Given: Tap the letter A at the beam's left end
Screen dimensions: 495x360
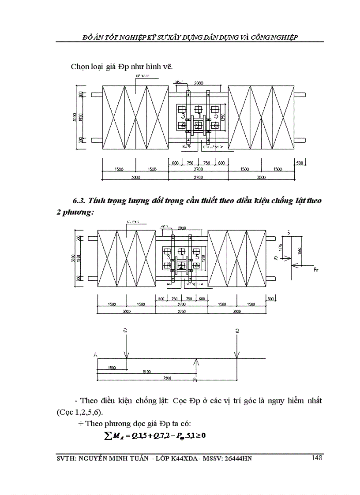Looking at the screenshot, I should (95, 354).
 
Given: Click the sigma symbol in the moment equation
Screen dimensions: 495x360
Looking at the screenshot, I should (105, 435).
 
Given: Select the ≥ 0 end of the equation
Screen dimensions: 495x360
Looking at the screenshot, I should (202, 435).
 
